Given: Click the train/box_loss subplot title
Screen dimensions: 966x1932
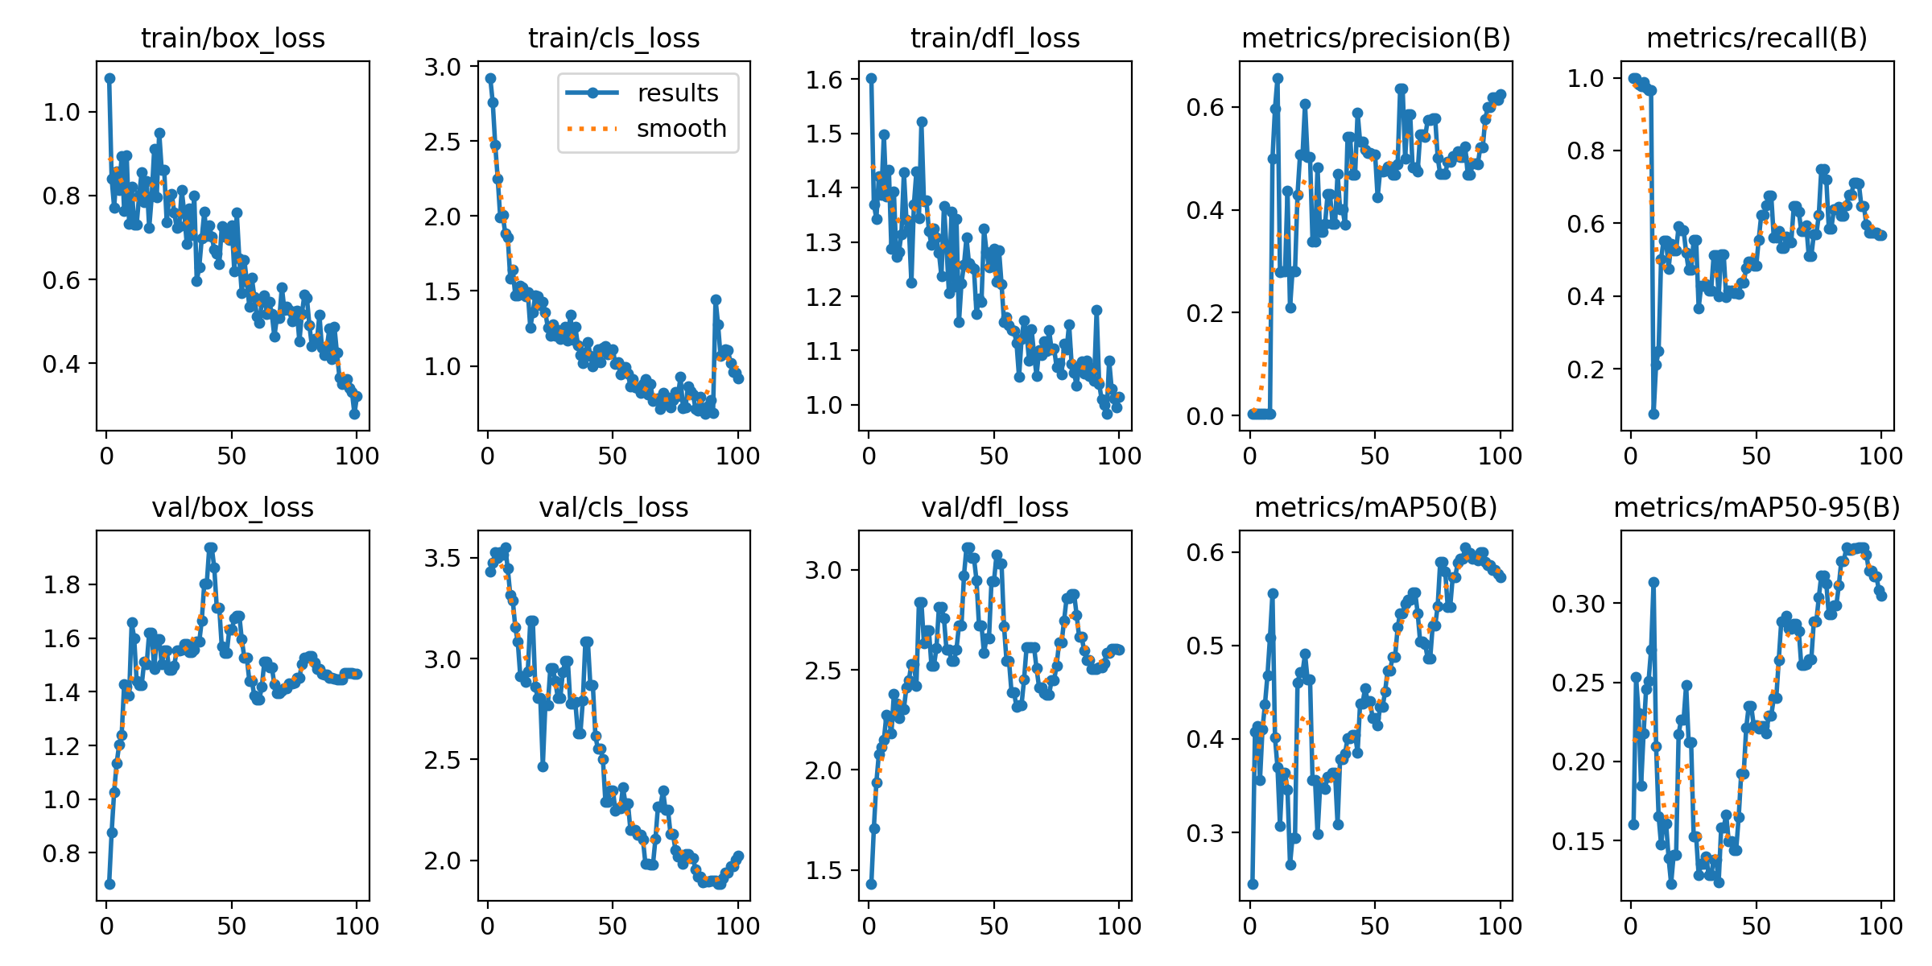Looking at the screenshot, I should point(233,39).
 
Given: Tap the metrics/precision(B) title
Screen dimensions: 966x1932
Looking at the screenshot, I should point(1376,39).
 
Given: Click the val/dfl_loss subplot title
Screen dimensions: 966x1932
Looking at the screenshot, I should point(995,508).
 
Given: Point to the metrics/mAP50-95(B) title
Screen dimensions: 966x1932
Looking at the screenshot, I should point(1757,508).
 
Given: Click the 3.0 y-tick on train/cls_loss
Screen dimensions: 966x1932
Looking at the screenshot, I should point(443,68).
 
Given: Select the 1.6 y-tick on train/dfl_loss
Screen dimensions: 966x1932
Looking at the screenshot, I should point(824,80).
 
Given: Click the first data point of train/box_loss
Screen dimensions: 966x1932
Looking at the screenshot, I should point(109,78).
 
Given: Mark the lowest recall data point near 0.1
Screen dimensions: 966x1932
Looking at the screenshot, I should point(1653,414).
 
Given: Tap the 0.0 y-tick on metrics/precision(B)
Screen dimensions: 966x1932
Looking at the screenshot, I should point(1204,416).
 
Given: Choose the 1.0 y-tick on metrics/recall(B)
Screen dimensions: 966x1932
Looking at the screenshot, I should point(1585,79).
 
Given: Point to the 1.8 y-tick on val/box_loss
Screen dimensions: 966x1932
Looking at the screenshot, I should point(62,585).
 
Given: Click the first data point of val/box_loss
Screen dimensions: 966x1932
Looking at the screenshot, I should point(109,884).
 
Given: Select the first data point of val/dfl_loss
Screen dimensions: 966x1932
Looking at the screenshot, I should point(871,884).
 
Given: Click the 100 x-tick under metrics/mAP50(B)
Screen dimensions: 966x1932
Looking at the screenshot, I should point(1500,927).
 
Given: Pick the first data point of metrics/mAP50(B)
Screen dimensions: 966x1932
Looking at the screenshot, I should point(1253,884).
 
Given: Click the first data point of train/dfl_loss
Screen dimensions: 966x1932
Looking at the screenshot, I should point(871,78).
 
